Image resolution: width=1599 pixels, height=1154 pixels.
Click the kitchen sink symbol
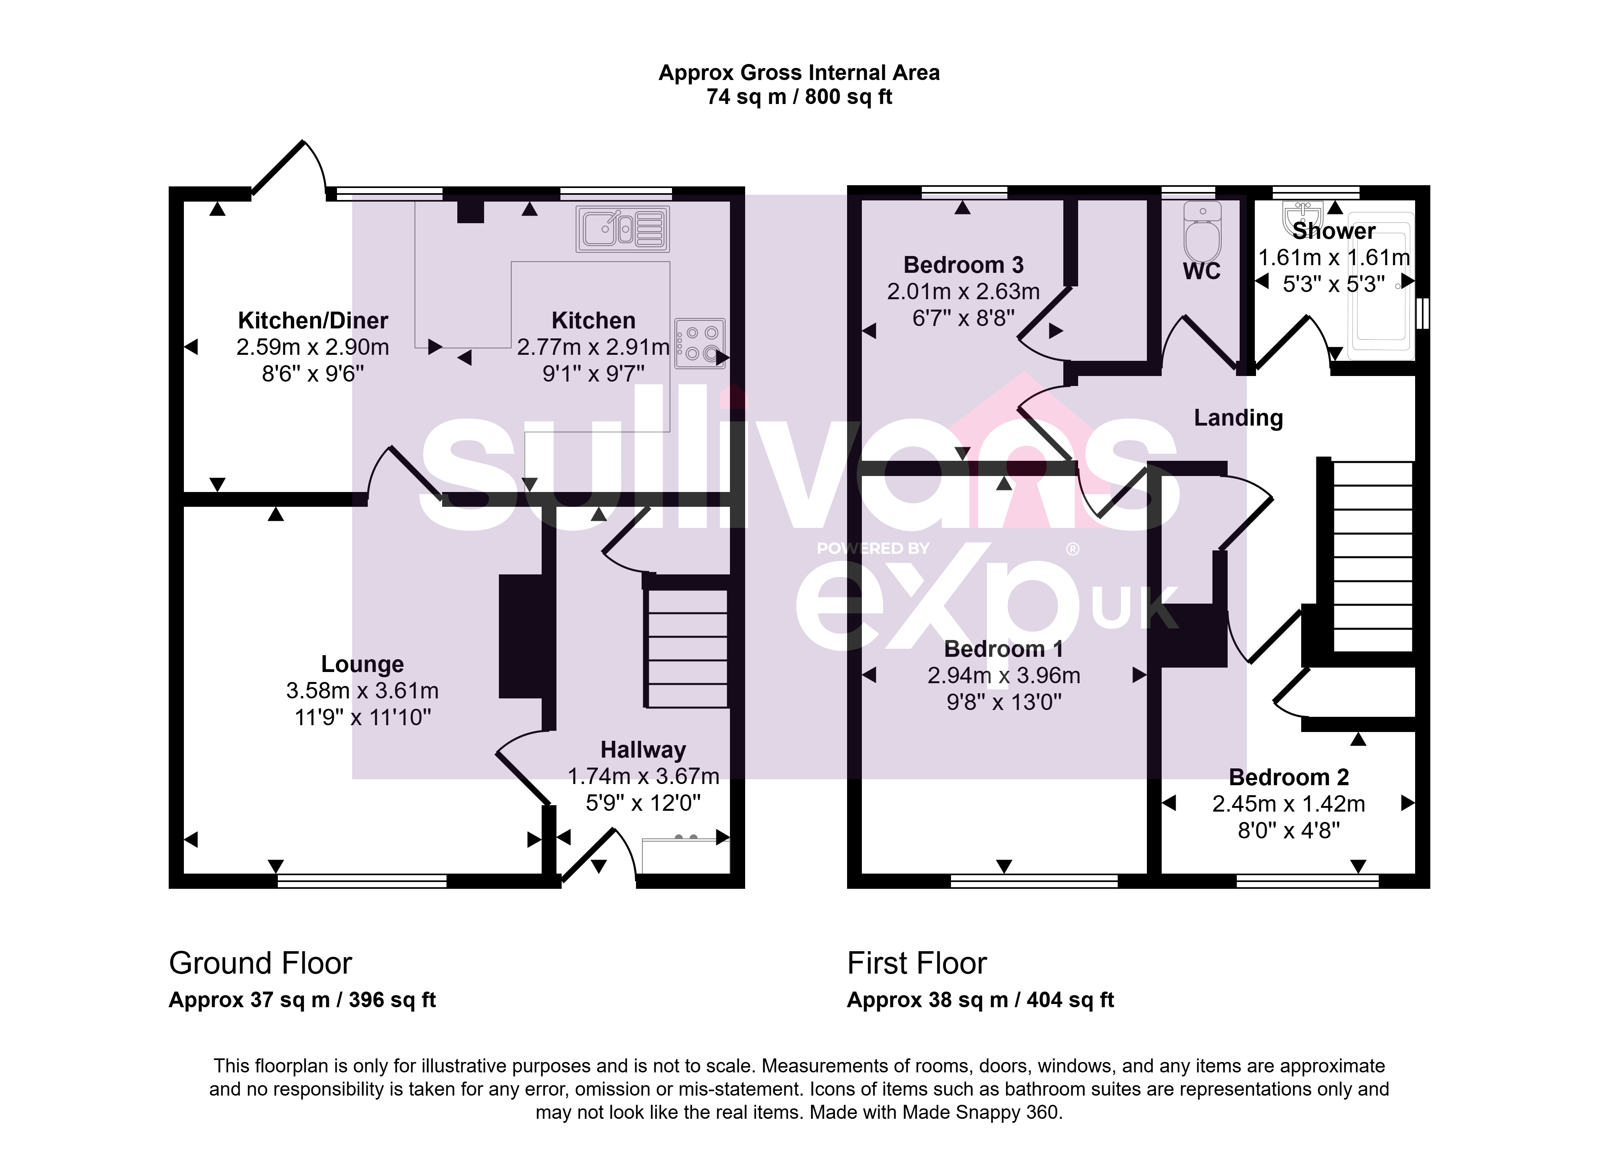[x=622, y=228]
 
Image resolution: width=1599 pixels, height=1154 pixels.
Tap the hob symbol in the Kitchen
[x=700, y=344]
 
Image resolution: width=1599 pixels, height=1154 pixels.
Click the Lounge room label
[x=363, y=664]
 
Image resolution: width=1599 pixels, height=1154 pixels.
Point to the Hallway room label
[x=643, y=749]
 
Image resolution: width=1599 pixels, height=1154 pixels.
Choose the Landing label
[x=1238, y=418]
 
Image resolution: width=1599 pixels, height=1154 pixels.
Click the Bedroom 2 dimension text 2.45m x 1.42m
[x=1288, y=804]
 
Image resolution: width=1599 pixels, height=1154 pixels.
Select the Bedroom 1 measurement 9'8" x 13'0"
[x=1004, y=702]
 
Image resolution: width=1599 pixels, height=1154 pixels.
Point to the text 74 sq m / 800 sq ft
[x=799, y=97]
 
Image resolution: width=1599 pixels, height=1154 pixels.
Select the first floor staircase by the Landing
[x=1372, y=556]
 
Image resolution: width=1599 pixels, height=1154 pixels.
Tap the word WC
[x=1201, y=271]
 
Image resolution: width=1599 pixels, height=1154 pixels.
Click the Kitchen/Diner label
[x=313, y=320]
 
